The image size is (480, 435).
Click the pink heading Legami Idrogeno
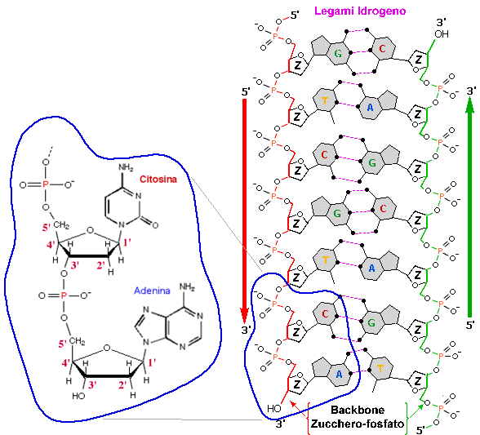[360, 11]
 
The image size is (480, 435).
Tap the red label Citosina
[158, 179]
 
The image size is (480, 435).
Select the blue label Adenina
[152, 291]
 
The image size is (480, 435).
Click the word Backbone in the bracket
[358, 410]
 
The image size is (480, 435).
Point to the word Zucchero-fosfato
[358, 424]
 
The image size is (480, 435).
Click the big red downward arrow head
[244, 315]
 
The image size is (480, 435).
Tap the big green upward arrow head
[470, 104]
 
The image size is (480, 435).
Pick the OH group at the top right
[442, 33]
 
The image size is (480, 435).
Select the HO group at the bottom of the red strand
[274, 408]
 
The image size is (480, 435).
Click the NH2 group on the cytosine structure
[126, 167]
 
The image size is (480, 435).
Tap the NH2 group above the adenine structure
[187, 286]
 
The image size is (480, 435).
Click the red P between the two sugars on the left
[64, 295]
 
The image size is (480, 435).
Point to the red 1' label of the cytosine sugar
[127, 242]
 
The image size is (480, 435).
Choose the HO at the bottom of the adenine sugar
[78, 396]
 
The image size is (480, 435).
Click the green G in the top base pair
[338, 54]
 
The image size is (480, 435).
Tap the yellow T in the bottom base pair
[380, 368]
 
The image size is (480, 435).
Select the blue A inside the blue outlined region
[339, 374]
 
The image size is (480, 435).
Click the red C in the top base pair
[382, 49]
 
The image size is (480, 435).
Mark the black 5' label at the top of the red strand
[295, 15]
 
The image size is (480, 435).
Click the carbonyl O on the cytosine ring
[155, 225]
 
